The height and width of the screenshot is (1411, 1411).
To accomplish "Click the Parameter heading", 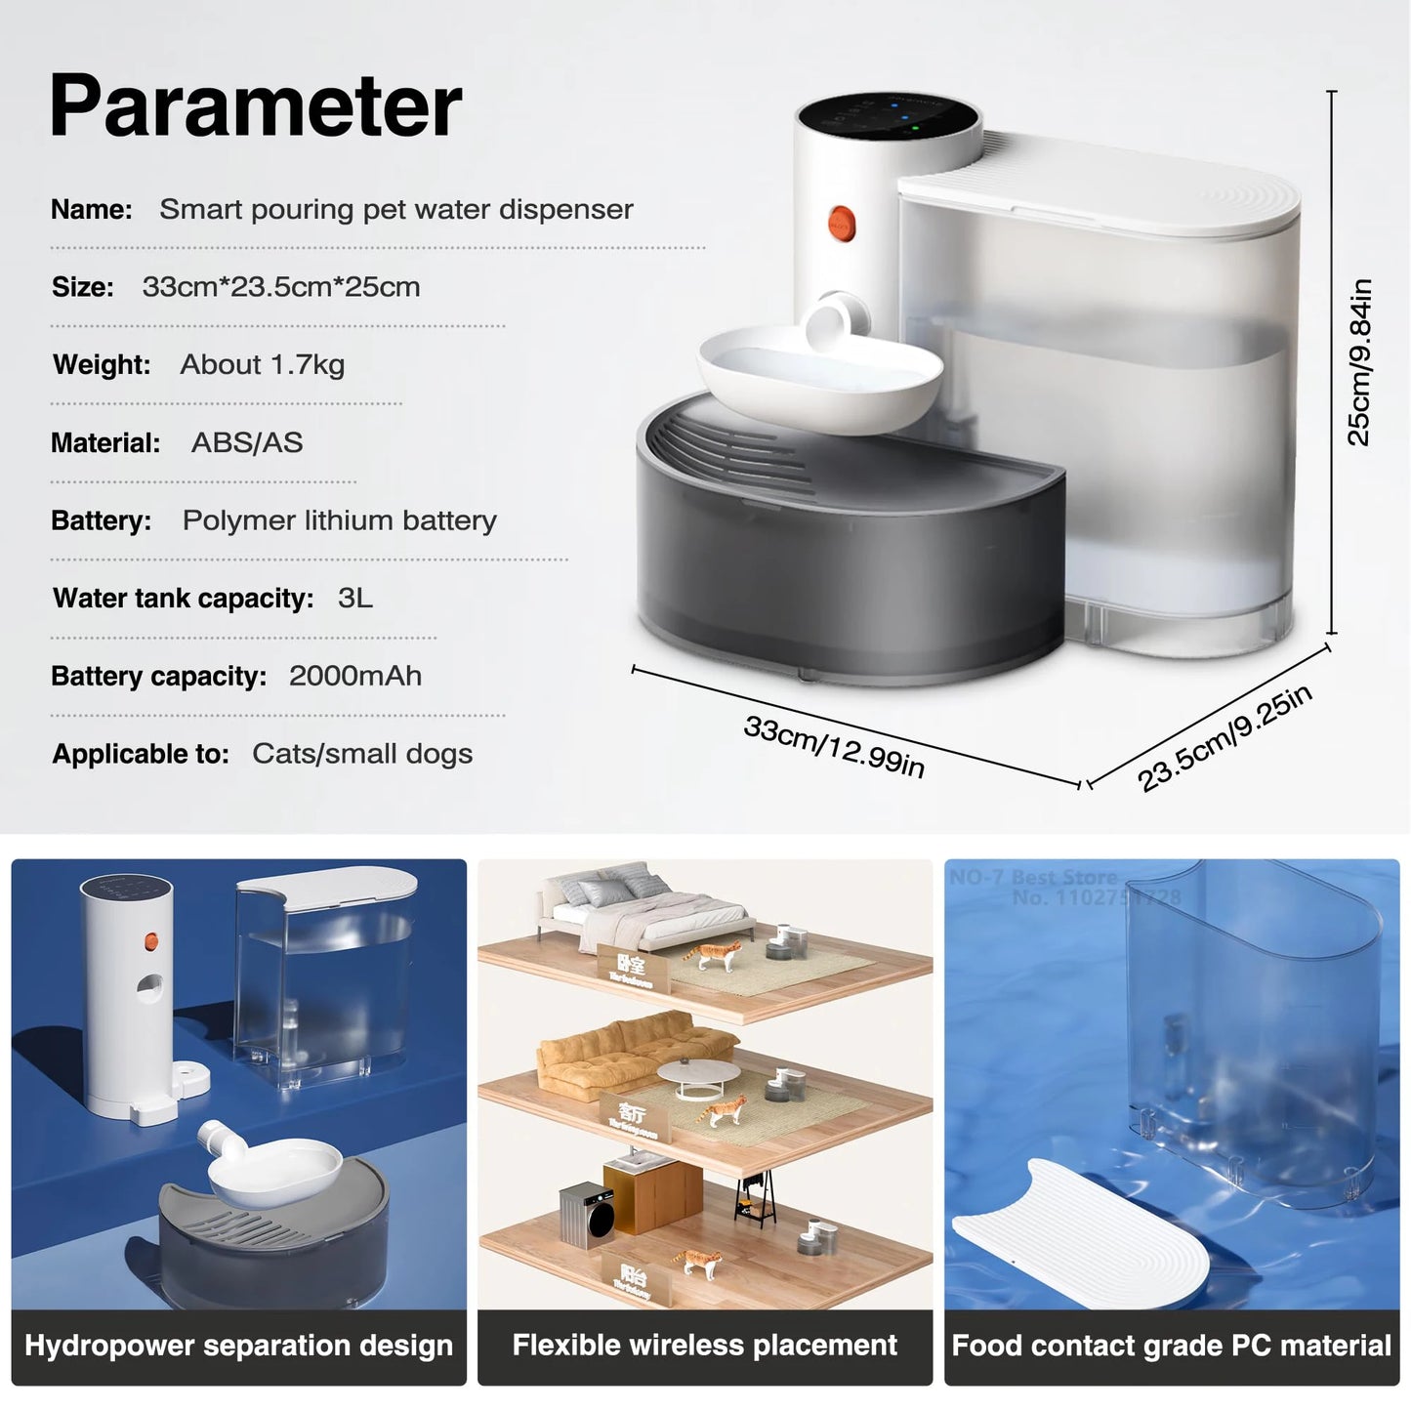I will pos(255,106).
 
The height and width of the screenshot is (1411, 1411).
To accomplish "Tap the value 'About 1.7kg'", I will pos(262,364).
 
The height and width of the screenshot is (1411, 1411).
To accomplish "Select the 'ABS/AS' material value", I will pos(247,442).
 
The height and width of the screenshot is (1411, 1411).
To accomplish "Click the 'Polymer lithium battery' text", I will pos(339,520).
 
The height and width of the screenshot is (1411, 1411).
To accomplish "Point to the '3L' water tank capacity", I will pos(355,598).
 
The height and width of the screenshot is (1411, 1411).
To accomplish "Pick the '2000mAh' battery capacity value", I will pos(355,676).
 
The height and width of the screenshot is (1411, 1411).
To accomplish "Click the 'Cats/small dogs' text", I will pos(361,754).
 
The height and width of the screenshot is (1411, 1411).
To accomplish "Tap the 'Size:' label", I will pos(83,287).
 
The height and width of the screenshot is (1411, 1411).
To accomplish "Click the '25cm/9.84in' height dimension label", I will pos(1359,362).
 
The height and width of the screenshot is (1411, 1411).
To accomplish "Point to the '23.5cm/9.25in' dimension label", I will pos(1224,738).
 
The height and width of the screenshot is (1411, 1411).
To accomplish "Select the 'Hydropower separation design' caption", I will pos(238,1346).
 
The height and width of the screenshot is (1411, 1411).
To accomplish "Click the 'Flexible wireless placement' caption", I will pos(704,1346).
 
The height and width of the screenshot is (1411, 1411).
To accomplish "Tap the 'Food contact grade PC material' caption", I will pos(1171,1346).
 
